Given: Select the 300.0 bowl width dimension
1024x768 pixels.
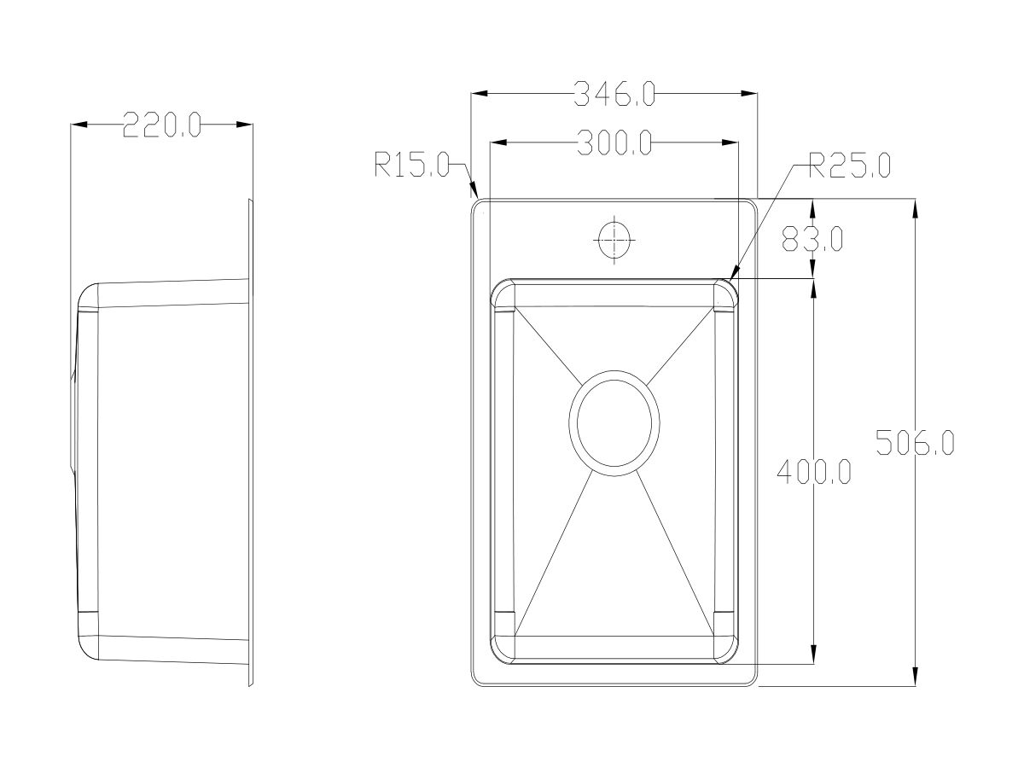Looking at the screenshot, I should [614, 143].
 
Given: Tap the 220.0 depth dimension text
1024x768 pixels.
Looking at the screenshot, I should [161, 125].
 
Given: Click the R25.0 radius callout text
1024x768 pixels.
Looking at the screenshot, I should [849, 166].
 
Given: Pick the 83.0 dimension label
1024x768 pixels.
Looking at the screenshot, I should [812, 239].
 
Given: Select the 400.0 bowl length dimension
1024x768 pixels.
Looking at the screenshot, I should [813, 471].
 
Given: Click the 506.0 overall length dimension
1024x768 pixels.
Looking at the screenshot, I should [915, 443].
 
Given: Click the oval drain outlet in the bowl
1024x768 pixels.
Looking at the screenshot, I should [614, 422].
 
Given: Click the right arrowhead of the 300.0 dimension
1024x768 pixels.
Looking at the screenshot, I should [730, 143].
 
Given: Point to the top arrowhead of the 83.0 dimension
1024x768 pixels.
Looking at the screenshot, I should [812, 206].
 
